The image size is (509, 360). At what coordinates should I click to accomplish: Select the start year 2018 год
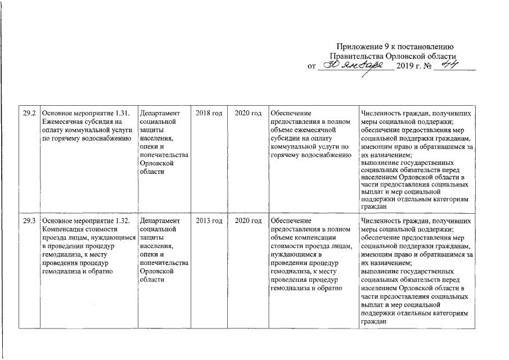click(209, 114)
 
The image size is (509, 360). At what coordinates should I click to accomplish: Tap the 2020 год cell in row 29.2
click(248, 114)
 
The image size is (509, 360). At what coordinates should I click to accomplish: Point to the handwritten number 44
click(451, 65)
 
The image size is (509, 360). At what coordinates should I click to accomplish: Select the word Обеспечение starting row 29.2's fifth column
click(290, 114)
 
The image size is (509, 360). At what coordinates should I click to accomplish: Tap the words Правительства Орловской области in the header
click(392, 57)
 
